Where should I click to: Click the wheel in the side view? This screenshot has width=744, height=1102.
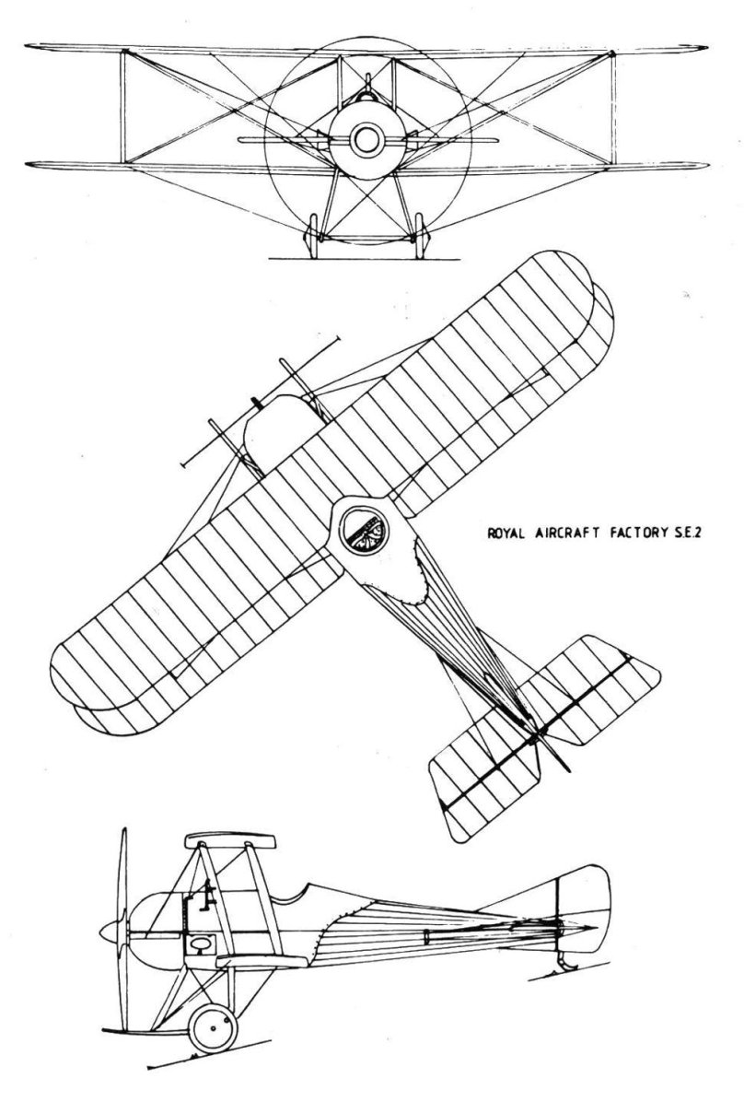(x=214, y=1027)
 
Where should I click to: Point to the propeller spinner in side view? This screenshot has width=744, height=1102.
(x=111, y=932)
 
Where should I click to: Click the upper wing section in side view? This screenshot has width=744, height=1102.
(x=229, y=840)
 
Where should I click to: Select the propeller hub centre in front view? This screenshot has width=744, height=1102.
(x=366, y=139)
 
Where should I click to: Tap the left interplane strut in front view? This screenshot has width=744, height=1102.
(x=123, y=108)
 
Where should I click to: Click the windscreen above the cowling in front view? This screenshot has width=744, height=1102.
(x=366, y=89)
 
